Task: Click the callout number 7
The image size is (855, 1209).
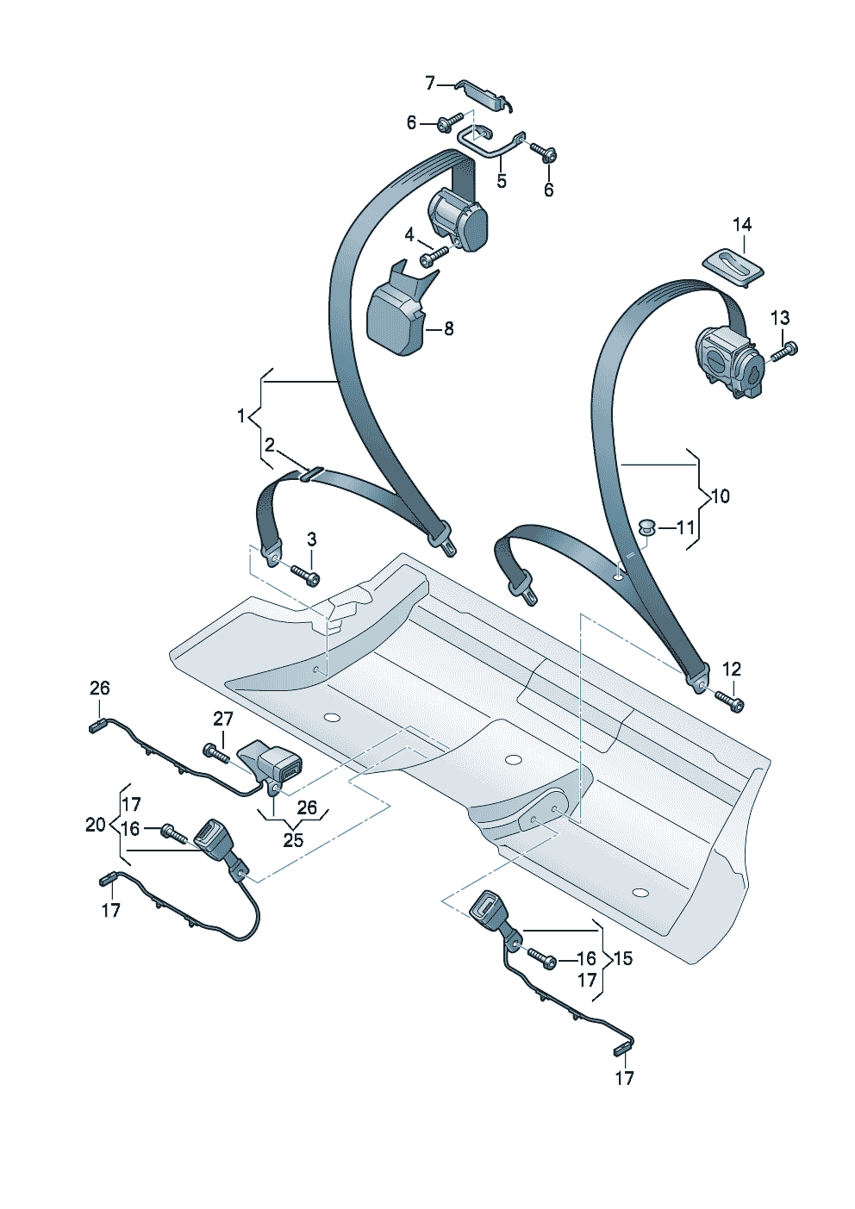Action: (430, 83)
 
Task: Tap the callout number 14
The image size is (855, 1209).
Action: (742, 225)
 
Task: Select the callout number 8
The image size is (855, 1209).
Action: (448, 328)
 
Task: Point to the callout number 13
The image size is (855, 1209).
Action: (779, 318)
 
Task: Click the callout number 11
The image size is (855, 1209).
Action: (685, 527)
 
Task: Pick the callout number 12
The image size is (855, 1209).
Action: (731, 669)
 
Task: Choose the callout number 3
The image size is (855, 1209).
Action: (311, 539)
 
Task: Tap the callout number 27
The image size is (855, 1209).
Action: (223, 719)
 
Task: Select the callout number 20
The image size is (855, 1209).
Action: (95, 825)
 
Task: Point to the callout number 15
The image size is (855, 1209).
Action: (622, 958)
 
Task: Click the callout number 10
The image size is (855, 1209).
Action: (721, 496)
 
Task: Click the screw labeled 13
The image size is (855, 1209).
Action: (785, 351)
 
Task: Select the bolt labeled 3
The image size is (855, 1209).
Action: (305, 572)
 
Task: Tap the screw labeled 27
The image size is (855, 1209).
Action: (215, 753)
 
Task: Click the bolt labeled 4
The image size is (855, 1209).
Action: (434, 256)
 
